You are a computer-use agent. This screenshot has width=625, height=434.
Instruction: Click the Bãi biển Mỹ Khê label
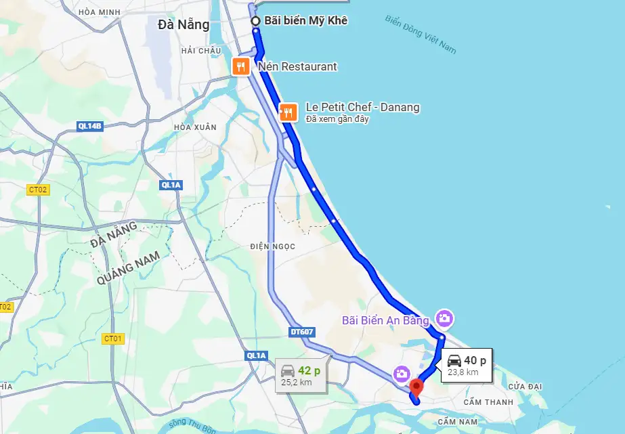tap(305, 21)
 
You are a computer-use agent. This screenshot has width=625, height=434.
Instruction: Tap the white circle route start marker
tap(256, 21)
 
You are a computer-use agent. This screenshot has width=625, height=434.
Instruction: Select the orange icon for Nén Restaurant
tap(240, 66)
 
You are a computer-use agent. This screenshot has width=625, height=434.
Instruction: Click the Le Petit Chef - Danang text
tap(362, 107)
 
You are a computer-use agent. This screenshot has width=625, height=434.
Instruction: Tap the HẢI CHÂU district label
tap(201, 51)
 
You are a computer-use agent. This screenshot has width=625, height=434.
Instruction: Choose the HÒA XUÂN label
tap(195, 127)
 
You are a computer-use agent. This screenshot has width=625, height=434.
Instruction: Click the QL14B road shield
tap(89, 125)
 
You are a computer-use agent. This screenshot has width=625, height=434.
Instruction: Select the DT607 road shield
tap(301, 332)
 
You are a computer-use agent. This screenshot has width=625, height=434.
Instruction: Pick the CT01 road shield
tap(112, 338)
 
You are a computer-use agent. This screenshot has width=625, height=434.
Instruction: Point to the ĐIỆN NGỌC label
tap(272, 246)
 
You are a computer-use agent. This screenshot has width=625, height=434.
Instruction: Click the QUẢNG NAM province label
tap(129, 269)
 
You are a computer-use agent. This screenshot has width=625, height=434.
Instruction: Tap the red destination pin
tap(416, 388)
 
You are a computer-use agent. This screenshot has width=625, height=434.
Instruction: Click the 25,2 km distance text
tap(297, 383)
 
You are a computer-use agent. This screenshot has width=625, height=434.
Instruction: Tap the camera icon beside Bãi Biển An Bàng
tap(444, 318)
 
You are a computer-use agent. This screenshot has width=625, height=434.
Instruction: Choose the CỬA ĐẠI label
tap(526, 386)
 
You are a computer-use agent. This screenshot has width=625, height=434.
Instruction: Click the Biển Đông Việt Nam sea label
tap(421, 34)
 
